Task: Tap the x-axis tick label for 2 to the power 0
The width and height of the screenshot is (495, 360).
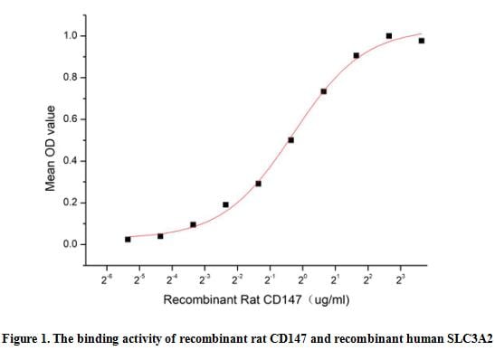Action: point(303,279)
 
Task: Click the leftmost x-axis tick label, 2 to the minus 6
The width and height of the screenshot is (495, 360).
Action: point(108,279)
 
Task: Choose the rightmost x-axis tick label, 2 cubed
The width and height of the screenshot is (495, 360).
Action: point(401,279)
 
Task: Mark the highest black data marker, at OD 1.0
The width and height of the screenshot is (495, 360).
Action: point(389,36)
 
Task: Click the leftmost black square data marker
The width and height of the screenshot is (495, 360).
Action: point(128,239)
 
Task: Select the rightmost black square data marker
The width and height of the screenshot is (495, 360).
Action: point(422,41)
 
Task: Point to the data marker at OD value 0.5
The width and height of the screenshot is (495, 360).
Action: point(290,140)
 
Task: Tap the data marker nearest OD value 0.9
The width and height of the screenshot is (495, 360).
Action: point(357,55)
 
